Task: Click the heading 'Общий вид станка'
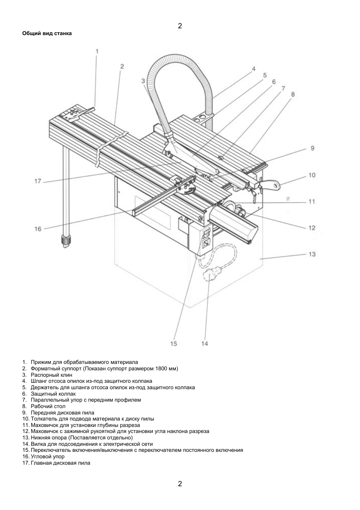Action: click(x=47, y=33)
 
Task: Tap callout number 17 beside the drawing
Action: click(x=37, y=181)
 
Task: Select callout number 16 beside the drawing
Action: click(x=38, y=229)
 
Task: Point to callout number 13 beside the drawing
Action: click(x=312, y=254)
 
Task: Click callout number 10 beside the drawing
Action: click(x=312, y=175)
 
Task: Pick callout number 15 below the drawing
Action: click(x=173, y=344)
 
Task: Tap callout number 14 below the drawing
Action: click(x=205, y=344)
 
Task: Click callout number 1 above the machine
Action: click(x=97, y=51)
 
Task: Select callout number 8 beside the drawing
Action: click(x=293, y=94)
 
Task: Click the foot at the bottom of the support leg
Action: click(x=66, y=241)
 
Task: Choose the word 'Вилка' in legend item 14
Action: click(x=38, y=444)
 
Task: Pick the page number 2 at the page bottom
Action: click(x=180, y=484)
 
